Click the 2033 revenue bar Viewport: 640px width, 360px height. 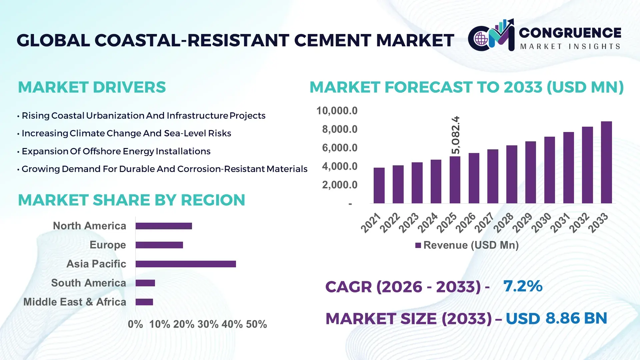pos(606,162)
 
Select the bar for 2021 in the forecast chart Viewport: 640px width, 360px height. pos(379,185)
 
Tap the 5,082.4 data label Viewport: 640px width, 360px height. pos(455,135)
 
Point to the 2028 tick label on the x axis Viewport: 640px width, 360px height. pos(504,223)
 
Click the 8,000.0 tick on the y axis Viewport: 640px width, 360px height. pos(339,129)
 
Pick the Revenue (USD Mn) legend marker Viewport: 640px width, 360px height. pos(418,245)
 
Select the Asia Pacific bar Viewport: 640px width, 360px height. pos(186,264)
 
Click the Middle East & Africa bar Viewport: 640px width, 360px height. pos(144,302)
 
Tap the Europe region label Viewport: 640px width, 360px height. pos(108,245)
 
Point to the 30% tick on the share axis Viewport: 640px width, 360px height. pos(208,324)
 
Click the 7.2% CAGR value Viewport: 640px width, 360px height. pos(523,286)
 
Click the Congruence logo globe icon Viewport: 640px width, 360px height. pos(481,39)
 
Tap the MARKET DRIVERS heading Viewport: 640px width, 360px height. pos(92,87)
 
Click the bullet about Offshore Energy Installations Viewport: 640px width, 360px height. pos(116,151)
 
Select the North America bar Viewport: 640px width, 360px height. pos(164,226)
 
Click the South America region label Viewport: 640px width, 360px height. pos(88,283)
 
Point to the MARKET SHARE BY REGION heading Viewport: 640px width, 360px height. pos(131,200)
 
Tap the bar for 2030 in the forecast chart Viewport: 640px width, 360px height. pos(549,170)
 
